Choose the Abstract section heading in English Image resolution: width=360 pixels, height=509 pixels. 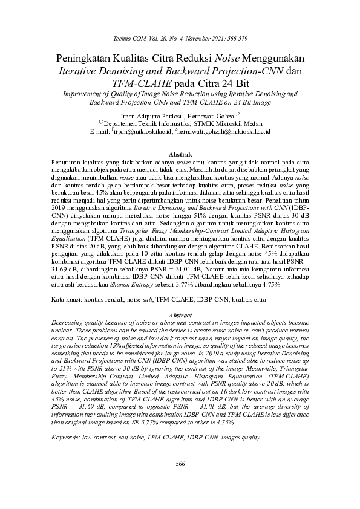[x=179, y=316]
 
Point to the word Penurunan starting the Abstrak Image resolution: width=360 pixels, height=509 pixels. [x=65, y=164]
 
